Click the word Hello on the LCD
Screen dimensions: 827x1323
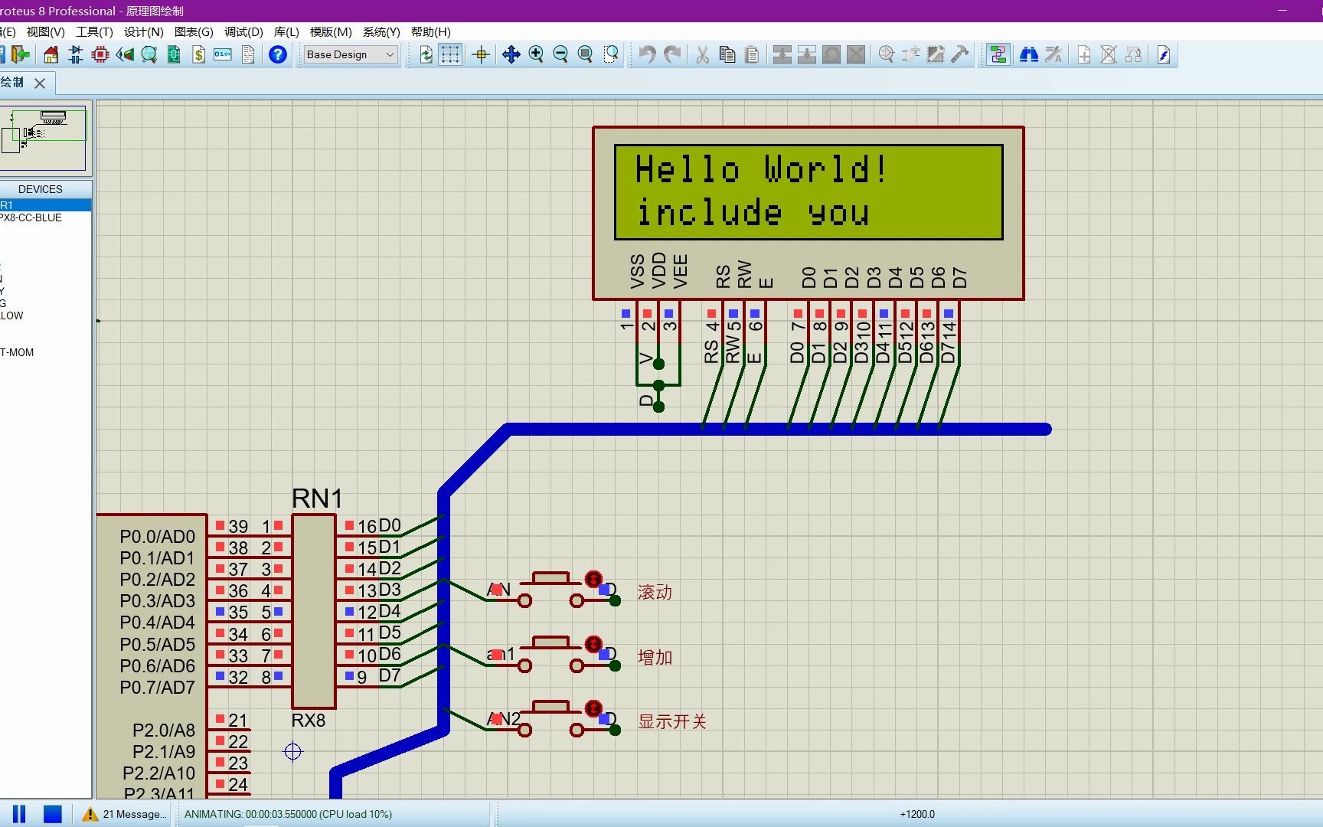[687, 169]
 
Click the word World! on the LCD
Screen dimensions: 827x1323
[825, 169]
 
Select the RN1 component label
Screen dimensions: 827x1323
[317, 498]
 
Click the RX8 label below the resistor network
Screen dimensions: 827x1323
[309, 721]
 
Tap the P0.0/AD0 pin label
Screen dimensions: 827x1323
[157, 537]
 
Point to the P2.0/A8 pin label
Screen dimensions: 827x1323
[163, 731]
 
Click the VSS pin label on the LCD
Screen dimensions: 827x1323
[637, 271]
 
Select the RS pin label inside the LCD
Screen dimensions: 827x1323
[723, 276]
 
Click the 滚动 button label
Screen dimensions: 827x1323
[655, 592]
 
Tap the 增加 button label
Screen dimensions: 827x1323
[655, 657]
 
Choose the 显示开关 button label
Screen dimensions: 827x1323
[672, 721]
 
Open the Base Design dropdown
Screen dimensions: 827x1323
[351, 54]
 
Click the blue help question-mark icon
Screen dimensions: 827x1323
[278, 54]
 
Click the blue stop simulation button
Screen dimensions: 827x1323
[52, 814]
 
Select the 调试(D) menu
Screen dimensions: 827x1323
[243, 31]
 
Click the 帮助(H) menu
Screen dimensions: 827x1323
[430, 31]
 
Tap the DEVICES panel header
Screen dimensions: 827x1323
[41, 189]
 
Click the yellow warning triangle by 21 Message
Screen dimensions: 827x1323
[90, 814]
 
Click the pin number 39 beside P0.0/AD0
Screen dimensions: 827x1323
[238, 527]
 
